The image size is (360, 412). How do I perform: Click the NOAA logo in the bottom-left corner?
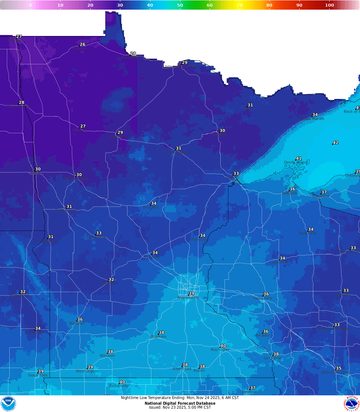coord(8,403)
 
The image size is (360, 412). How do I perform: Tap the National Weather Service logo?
coord(352,403)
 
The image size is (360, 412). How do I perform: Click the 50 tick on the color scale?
coord(180,5)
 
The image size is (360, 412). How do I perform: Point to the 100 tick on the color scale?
coord(329,5)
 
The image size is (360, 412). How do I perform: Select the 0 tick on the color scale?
coord(31,5)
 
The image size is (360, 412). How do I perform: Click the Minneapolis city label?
coord(188,297)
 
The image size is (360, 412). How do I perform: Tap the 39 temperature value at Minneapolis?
coord(191,293)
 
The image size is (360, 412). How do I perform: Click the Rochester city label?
coord(220,350)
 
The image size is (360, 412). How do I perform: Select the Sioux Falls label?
coord(38,375)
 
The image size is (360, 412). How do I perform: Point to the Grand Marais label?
coord(312,119)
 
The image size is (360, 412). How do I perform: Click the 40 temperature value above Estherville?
coord(122,382)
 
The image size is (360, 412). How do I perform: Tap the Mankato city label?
coord(158,336)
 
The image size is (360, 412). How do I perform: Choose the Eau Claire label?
coord(263,298)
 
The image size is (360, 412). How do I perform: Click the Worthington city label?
coord(87,371)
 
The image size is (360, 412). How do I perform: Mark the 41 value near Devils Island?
coord(299,159)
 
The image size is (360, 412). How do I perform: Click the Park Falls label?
coord(308,233)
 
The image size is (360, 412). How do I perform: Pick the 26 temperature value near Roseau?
coord(82,44)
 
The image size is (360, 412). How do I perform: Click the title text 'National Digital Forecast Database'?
coord(180,403)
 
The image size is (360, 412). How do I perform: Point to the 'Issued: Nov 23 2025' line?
coord(180,407)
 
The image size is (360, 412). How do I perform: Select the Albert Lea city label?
coord(182,369)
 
